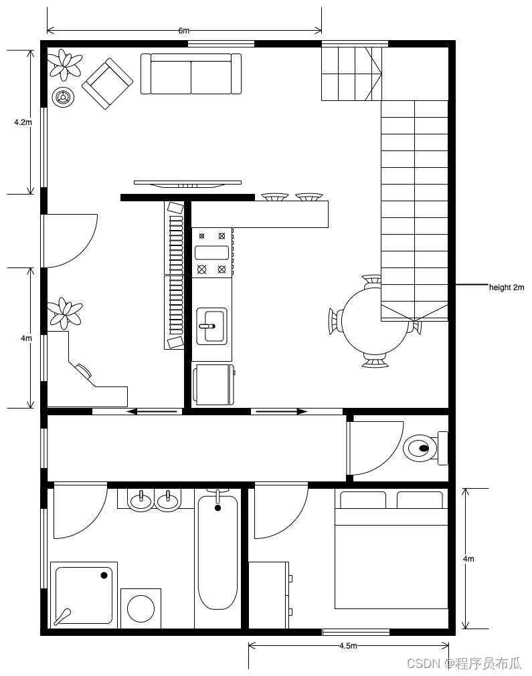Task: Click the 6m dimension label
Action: (x=184, y=31)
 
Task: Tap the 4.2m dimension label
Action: (x=23, y=122)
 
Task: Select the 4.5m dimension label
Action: (x=348, y=645)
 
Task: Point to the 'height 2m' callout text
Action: (x=507, y=287)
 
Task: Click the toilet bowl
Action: (x=420, y=448)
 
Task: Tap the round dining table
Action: (x=375, y=321)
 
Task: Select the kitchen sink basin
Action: (x=211, y=326)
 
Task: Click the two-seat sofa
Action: (x=191, y=74)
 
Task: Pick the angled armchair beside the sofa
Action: (x=108, y=84)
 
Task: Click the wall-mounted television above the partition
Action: (x=187, y=184)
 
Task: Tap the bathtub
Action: (x=217, y=552)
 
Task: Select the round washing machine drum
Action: (x=141, y=608)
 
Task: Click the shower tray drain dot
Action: (x=104, y=575)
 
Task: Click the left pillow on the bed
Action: (x=363, y=500)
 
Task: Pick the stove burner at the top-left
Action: (x=201, y=236)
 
